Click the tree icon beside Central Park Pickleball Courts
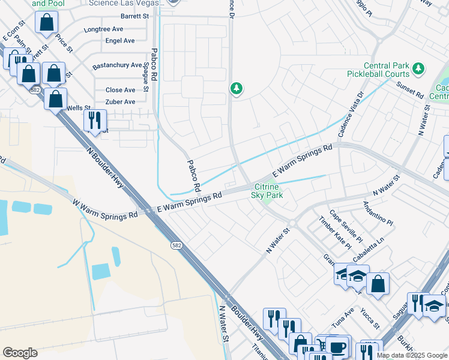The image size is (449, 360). click(x=419, y=70)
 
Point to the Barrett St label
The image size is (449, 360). click(x=134, y=16)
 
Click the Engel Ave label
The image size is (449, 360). click(x=120, y=41)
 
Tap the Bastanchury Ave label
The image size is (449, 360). click(x=116, y=65)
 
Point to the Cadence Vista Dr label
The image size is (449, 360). click(x=351, y=115)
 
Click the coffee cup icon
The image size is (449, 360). click(x=337, y=346)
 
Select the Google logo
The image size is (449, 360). click(x=20, y=353)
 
